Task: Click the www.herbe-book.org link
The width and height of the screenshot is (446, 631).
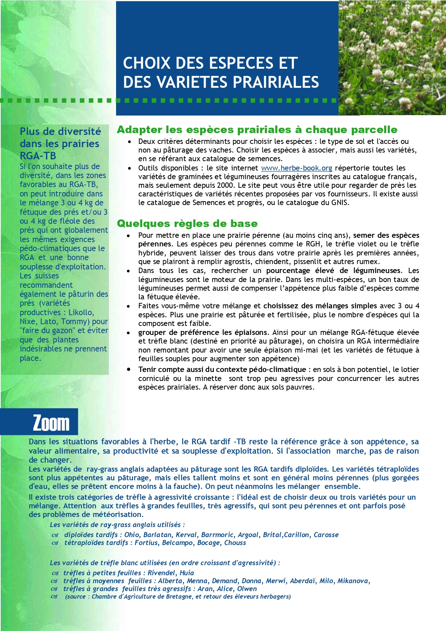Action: (296, 168)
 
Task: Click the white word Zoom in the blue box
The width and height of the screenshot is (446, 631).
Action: (51, 423)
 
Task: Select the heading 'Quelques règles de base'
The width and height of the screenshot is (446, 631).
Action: (187, 223)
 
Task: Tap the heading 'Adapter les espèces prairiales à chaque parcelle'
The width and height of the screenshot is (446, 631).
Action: (257, 130)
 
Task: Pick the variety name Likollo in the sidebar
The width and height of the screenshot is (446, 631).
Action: (81, 312)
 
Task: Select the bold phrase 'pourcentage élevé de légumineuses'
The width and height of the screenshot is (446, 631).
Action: (333, 271)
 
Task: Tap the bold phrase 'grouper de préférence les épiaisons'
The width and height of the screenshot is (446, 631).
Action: (203, 332)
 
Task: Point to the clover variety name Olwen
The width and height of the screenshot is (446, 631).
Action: (247, 589)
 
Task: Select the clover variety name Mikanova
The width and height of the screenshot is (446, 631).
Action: (354, 581)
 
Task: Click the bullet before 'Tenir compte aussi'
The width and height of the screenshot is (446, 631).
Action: (128, 369)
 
